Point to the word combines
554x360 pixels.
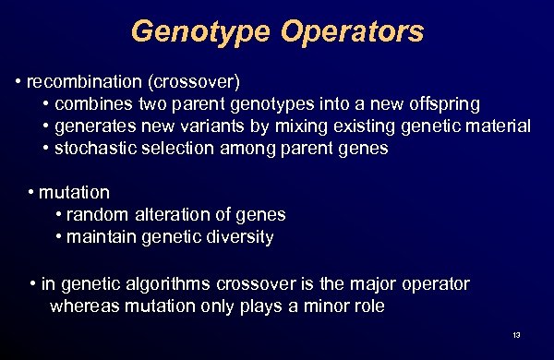coord(91,103)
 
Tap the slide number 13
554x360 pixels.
coord(515,334)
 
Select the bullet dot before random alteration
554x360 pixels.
coord(59,215)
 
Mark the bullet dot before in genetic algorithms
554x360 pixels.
coord(33,283)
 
